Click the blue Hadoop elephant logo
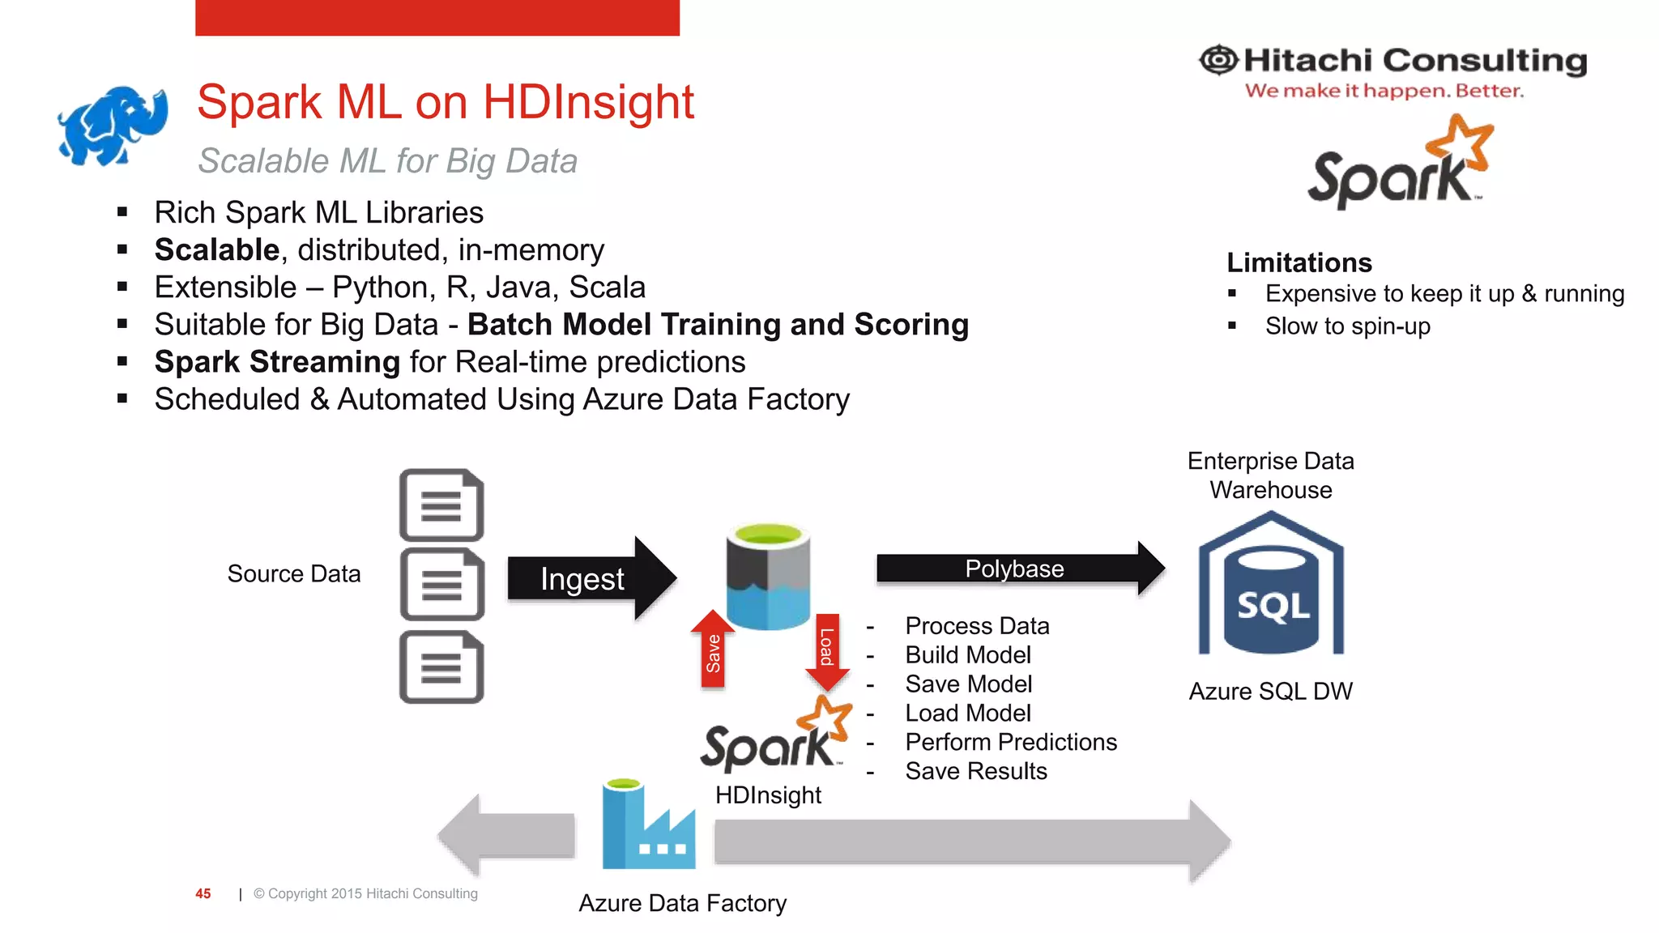(113, 126)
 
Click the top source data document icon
(441, 505)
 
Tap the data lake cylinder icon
(768, 576)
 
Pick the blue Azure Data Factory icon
(647, 825)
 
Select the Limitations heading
(1299, 262)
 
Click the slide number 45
(203, 893)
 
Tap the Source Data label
(294, 573)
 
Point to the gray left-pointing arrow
(505, 836)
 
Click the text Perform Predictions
(1011, 742)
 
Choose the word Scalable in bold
(217, 249)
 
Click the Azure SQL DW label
(1270, 691)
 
